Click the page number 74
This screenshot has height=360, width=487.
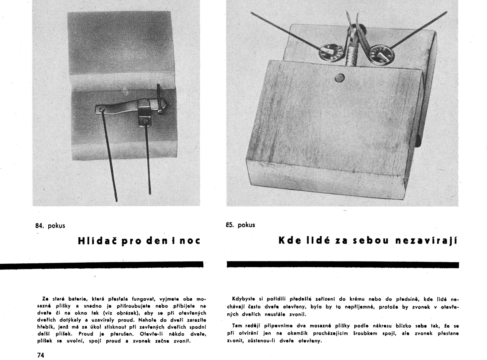point(40,355)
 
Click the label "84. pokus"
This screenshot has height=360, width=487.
point(50,225)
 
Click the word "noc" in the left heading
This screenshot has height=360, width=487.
point(190,241)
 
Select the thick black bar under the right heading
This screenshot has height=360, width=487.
point(342,265)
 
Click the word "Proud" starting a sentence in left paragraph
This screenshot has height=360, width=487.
point(86,334)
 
